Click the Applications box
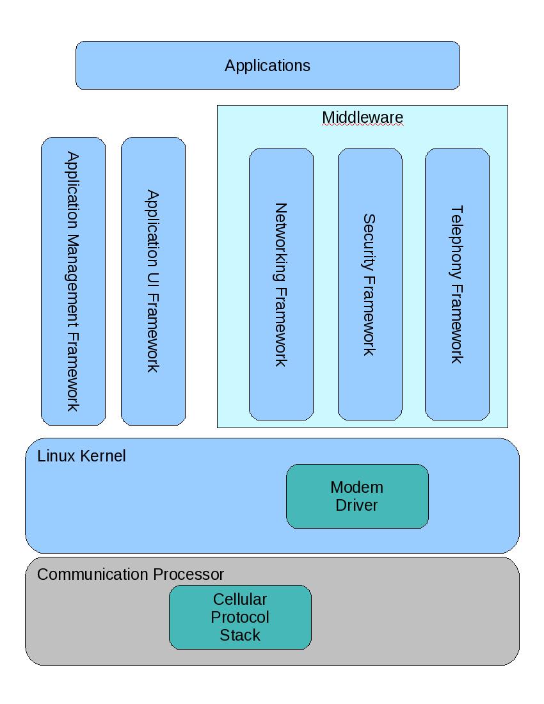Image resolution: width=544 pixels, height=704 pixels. point(268,65)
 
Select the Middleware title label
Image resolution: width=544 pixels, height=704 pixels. point(362,118)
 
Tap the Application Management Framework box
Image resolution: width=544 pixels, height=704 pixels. point(73,281)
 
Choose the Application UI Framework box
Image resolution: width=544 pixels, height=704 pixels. point(153,281)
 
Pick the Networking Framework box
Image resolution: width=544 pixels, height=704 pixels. point(281,284)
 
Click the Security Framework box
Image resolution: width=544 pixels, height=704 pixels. point(370,284)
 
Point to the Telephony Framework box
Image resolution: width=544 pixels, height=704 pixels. point(457,284)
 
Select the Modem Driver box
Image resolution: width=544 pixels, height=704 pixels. point(357,496)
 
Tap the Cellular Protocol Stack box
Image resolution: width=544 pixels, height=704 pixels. point(240,617)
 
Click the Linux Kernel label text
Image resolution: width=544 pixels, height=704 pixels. point(82,456)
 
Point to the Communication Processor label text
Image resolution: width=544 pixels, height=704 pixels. point(131,574)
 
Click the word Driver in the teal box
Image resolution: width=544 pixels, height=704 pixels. point(357,505)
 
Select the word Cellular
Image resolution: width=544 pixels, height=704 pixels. point(240,600)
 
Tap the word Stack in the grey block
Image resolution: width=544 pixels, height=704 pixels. point(240,635)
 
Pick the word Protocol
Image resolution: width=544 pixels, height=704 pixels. point(240,617)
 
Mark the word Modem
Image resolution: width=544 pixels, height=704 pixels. point(357,487)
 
